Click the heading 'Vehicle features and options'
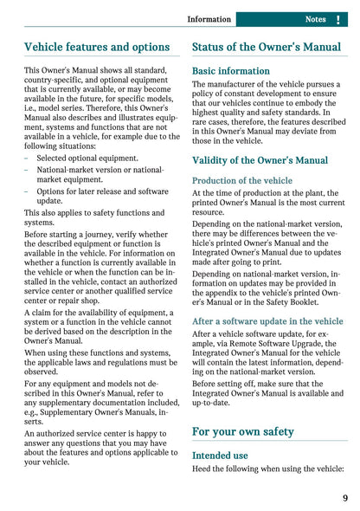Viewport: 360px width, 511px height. (x=97, y=47)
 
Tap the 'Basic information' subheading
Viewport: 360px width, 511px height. (x=231, y=71)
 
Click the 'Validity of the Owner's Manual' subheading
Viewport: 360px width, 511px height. (x=260, y=160)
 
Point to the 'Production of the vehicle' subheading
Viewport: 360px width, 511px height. (x=242, y=180)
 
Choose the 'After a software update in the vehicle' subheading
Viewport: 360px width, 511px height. (x=267, y=320)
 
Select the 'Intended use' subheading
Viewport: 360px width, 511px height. (x=220, y=455)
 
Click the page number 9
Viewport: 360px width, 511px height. (x=345, y=497)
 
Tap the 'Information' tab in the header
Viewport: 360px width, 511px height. (x=209, y=19)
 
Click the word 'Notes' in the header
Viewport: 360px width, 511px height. (x=315, y=19)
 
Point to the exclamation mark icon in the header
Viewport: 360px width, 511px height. (x=337, y=19)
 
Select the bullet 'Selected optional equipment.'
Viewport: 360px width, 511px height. (x=87, y=158)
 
